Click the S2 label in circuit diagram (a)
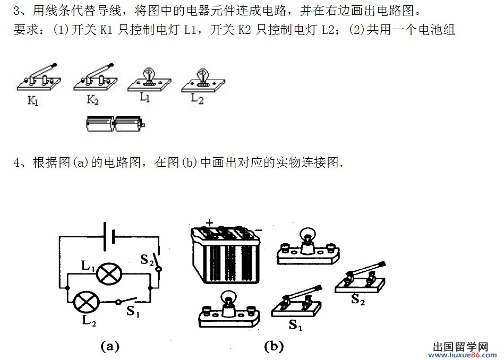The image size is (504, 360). coord(147,260)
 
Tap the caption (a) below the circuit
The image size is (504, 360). coord(110,346)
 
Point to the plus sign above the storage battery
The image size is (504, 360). coord(209,222)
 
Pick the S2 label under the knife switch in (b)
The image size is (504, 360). coord(358,299)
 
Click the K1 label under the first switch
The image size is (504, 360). coord(33,100)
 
